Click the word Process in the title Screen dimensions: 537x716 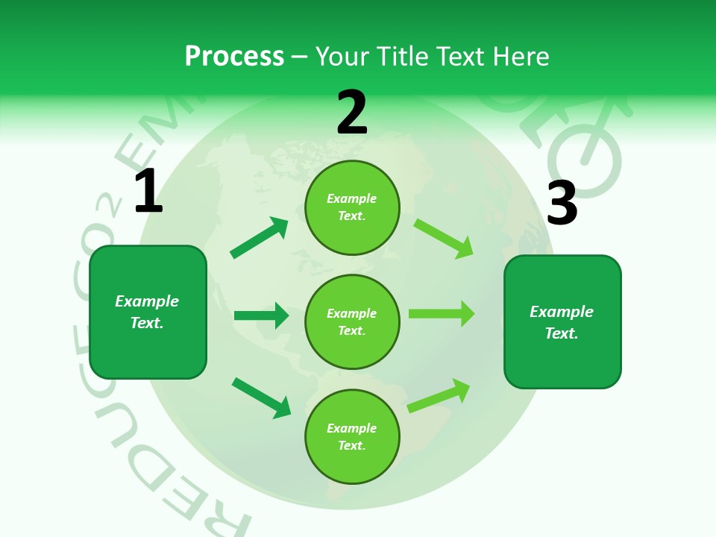point(234,56)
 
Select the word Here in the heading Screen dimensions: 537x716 point(521,56)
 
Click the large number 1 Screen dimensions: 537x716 point(148,192)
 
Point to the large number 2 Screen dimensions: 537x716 point(352,113)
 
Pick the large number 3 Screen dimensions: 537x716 point(562,203)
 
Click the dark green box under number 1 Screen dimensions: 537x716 point(148,312)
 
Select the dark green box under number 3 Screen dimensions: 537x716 point(562,322)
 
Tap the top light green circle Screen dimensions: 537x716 point(352,207)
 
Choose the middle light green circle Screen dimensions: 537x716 point(352,321)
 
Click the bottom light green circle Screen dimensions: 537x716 point(352,436)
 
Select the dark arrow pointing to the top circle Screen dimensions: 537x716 point(260,237)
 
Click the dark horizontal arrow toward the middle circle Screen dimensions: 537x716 point(261,315)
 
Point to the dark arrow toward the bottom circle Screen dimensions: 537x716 point(262,398)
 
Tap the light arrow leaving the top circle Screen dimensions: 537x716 point(444,238)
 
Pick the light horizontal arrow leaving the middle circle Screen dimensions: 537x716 point(442,314)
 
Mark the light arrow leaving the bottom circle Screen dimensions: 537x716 point(439,395)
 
